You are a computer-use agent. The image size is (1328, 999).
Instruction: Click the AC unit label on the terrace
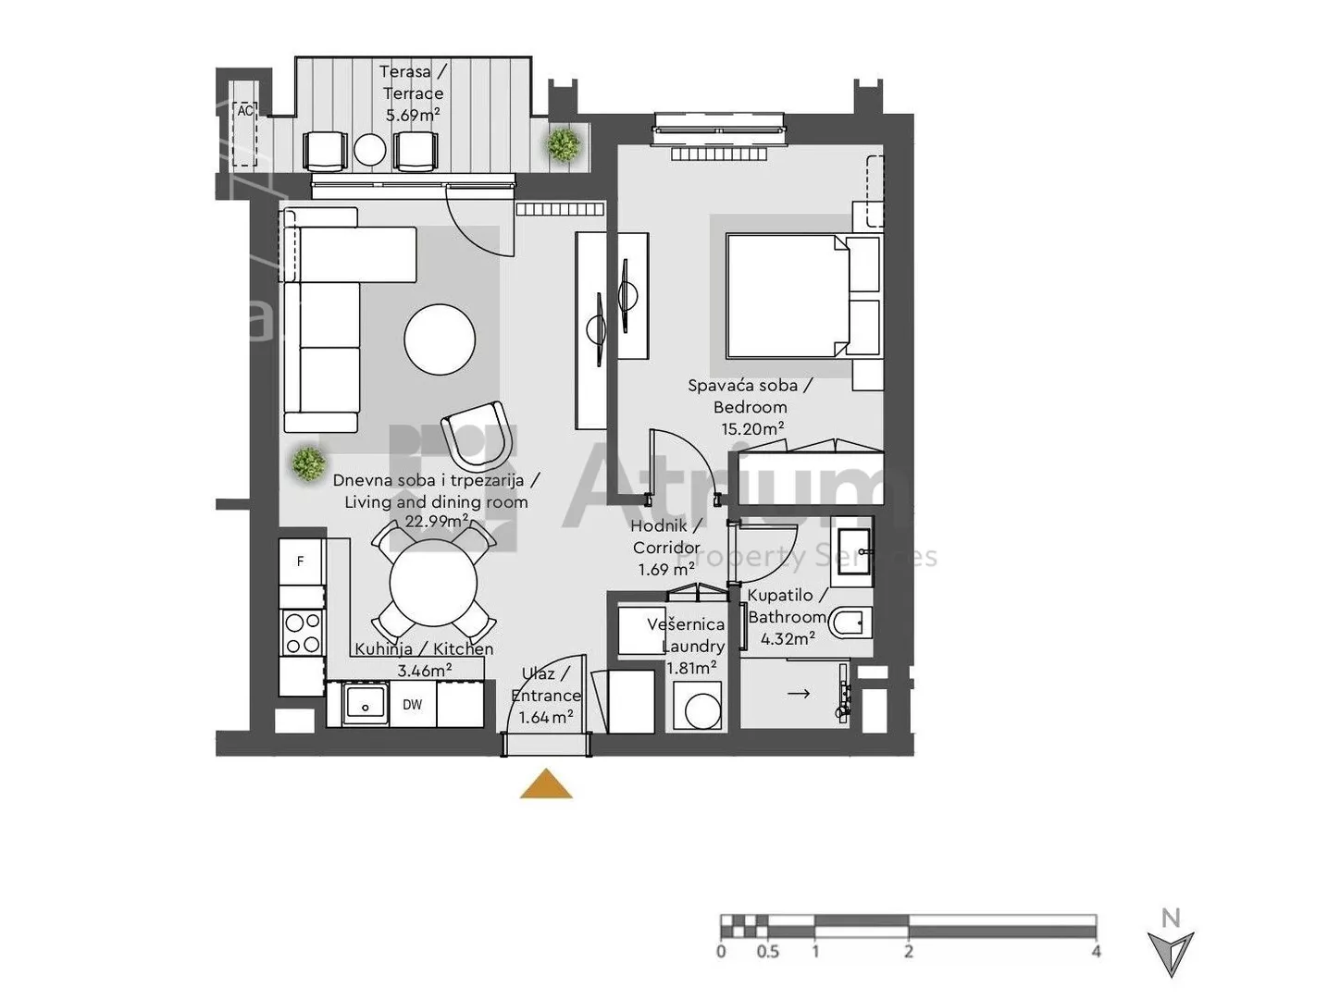point(244,111)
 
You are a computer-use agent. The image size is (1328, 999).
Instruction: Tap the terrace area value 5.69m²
point(413,115)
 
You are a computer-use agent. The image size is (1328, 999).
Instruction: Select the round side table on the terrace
point(369,149)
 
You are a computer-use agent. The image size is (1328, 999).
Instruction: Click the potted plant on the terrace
point(564,144)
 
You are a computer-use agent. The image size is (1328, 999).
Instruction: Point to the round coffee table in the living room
point(440,339)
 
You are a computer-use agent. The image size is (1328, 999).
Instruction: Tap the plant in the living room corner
point(308,463)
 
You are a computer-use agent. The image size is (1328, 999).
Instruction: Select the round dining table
point(433,583)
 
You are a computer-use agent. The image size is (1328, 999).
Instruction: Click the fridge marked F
point(302,561)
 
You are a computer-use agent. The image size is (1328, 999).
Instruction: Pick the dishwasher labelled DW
point(413,704)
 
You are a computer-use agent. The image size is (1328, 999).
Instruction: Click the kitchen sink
point(365,705)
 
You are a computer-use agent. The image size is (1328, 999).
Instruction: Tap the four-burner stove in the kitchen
point(303,633)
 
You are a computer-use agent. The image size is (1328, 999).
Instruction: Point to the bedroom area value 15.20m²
point(752,429)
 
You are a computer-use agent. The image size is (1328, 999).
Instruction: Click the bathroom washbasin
point(853,551)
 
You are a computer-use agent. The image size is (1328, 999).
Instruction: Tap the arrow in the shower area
point(798,693)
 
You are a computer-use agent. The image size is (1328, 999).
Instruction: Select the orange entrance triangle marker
point(546,784)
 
